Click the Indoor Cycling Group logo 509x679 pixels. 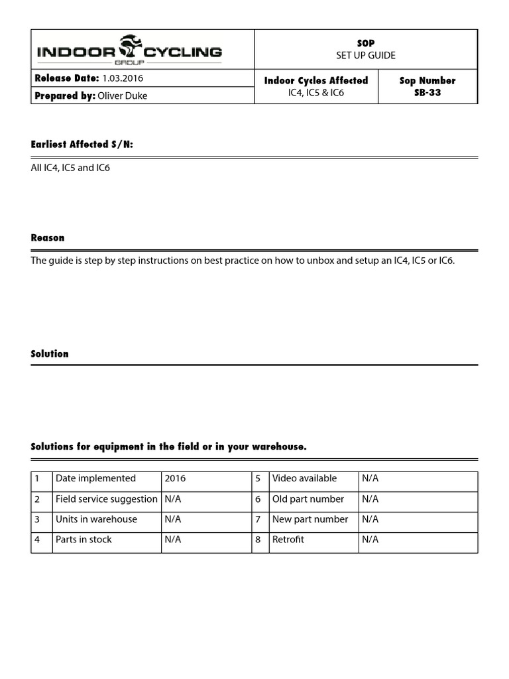pos(129,48)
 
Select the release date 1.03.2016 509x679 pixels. pos(123,78)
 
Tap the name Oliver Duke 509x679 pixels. pos(122,95)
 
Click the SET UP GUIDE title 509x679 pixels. pos(365,55)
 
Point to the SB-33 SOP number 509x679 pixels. pos(427,93)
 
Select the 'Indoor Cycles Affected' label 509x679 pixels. pos(316,80)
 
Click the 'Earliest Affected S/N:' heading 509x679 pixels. pos(82,145)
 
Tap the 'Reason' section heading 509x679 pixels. pos(48,237)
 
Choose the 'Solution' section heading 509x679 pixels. pos(50,353)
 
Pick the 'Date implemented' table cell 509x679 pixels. pos(96,478)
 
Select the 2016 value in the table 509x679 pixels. pos(176,478)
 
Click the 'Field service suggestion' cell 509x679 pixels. pos(107,499)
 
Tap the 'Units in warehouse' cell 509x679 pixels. pos(97,519)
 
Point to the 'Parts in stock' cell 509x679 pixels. pos(84,539)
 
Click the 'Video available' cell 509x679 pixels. pos(304,478)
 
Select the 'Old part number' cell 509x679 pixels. pos(308,499)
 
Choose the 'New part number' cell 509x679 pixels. pos(310,519)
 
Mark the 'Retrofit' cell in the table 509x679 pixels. pos(288,539)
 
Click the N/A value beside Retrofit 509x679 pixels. pos(370,539)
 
